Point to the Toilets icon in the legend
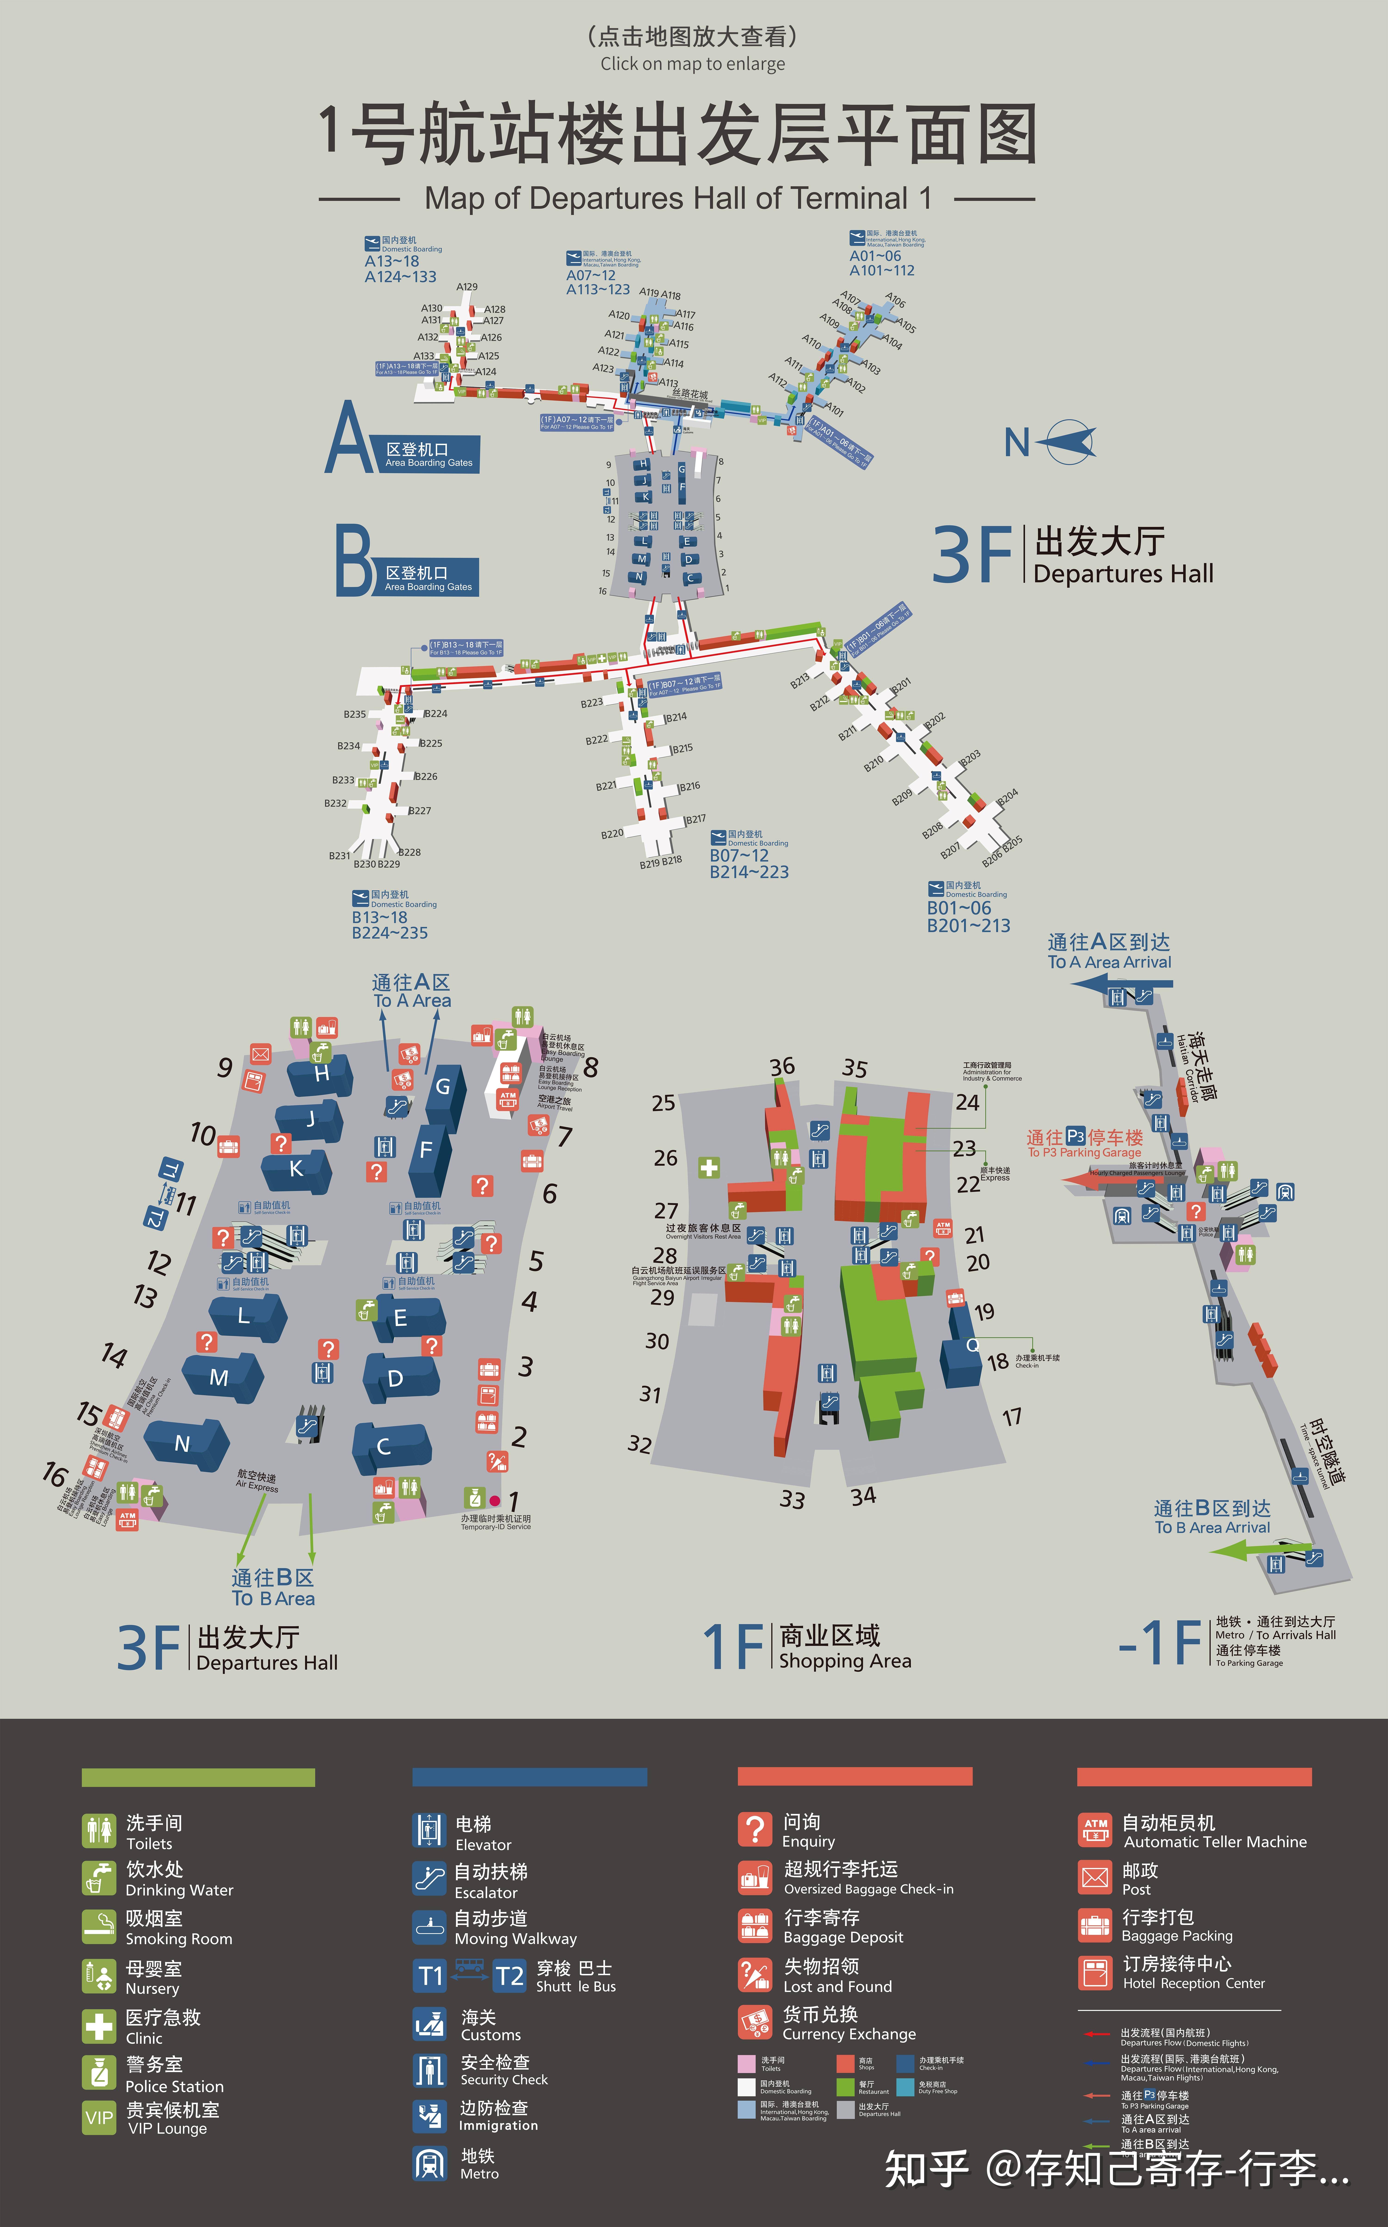[99, 1831]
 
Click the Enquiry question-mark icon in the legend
[755, 1829]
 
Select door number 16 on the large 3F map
[55, 1474]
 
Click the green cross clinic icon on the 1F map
[709, 1168]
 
